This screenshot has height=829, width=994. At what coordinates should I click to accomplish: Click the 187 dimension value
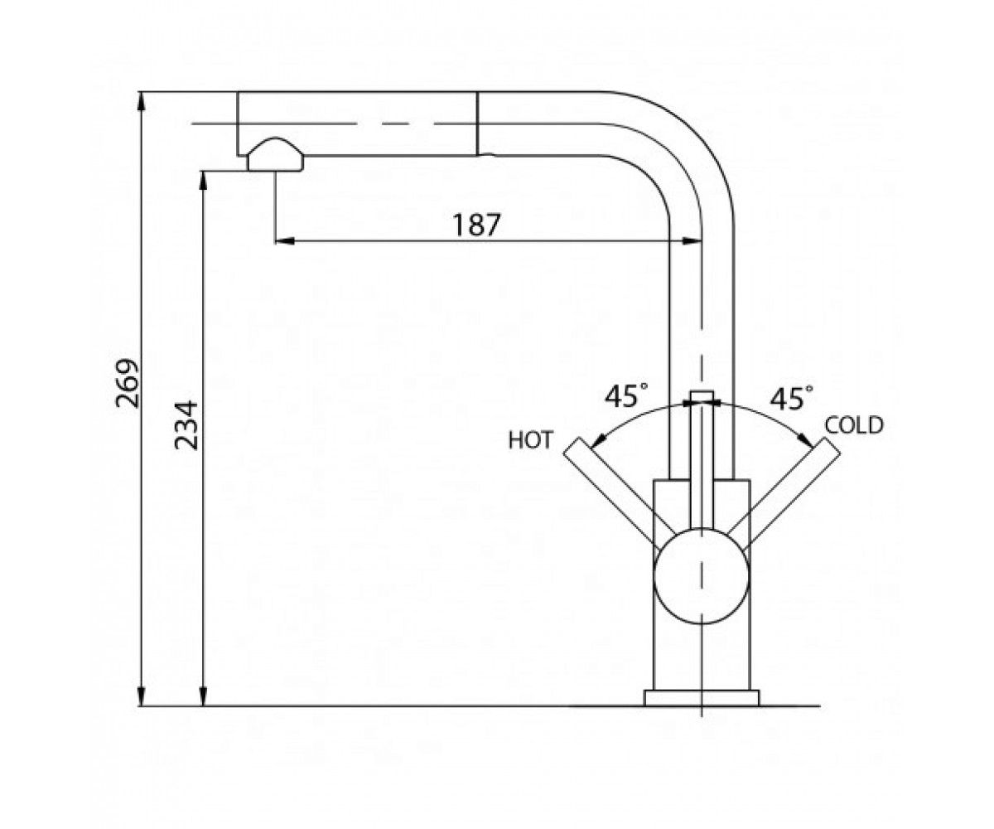(x=476, y=225)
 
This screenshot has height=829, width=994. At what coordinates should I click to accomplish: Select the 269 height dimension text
(x=128, y=383)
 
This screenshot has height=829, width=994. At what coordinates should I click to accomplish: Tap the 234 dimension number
(x=186, y=425)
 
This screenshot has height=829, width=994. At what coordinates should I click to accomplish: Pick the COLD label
(x=854, y=425)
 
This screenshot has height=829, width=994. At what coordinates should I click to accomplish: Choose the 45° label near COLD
(x=791, y=397)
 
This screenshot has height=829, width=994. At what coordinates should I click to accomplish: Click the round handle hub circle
(x=702, y=576)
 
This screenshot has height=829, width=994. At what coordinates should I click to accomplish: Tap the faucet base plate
(x=702, y=698)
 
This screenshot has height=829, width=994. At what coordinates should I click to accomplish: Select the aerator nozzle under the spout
(x=275, y=155)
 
